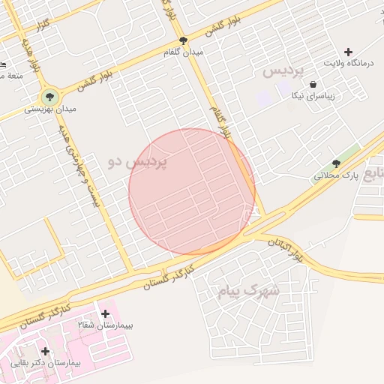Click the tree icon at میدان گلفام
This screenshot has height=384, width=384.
point(183,40)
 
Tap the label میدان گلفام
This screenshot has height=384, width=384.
point(184,52)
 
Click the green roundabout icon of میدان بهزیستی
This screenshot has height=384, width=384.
point(50,96)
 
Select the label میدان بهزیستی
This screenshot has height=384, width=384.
point(50,109)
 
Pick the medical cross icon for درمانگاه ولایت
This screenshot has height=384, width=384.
point(348,51)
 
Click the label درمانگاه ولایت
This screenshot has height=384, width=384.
point(348,63)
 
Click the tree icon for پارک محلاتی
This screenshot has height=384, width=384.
point(336,163)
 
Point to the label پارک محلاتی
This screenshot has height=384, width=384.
point(337,175)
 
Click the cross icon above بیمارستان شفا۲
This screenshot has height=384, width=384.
point(105,313)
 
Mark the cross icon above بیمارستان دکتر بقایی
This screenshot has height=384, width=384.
point(46,350)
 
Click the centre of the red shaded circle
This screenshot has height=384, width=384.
point(192,191)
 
